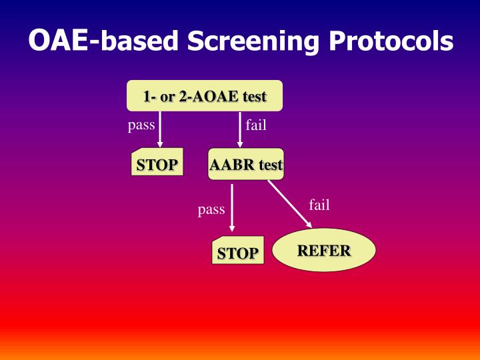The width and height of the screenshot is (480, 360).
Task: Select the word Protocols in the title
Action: point(391,41)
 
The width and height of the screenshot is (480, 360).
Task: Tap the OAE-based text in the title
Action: point(103,41)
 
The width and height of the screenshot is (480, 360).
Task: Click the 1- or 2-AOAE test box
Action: point(205,96)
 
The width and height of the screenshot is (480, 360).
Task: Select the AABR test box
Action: point(246,164)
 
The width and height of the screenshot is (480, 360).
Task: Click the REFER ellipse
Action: point(324,251)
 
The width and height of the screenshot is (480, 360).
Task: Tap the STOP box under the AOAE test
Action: point(157,165)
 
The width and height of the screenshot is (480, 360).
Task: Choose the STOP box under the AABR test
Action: point(238,252)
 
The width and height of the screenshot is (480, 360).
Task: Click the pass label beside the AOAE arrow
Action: point(141,125)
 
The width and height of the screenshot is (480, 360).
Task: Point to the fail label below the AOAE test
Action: point(256,125)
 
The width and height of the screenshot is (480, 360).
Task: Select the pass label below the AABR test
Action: point(211,210)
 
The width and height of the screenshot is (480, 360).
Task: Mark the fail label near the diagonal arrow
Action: point(319,205)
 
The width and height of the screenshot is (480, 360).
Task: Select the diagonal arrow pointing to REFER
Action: point(289,203)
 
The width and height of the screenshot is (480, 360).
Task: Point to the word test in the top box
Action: point(251,96)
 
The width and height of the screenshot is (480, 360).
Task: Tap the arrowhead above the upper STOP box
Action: point(160,143)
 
